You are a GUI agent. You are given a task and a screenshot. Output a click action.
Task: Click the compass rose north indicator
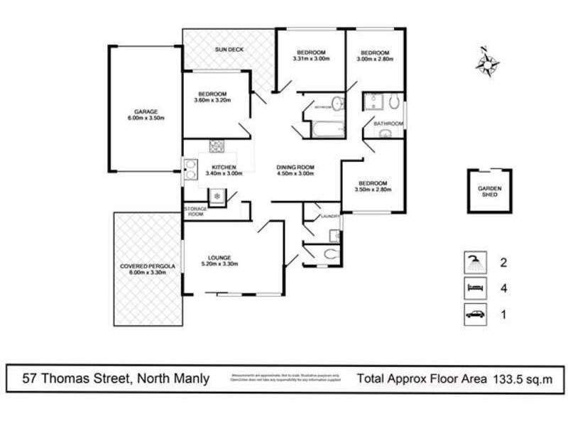point(486,63)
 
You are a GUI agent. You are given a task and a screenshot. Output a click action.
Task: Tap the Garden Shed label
point(490,191)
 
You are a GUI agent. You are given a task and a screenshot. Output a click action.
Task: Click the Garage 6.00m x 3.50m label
point(145,115)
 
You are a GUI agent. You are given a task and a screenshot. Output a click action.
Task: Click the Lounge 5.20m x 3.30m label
point(219,260)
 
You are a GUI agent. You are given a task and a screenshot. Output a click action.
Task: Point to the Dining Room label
point(295,170)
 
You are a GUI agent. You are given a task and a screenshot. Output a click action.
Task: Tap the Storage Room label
point(195,211)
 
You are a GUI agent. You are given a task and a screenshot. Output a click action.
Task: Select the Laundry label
point(328,216)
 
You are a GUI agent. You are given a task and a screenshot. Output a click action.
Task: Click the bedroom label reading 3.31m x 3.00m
point(311,56)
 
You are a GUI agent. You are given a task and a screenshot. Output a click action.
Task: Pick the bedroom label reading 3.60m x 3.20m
point(212,99)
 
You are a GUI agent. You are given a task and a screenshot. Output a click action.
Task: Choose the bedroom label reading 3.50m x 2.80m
point(373,186)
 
